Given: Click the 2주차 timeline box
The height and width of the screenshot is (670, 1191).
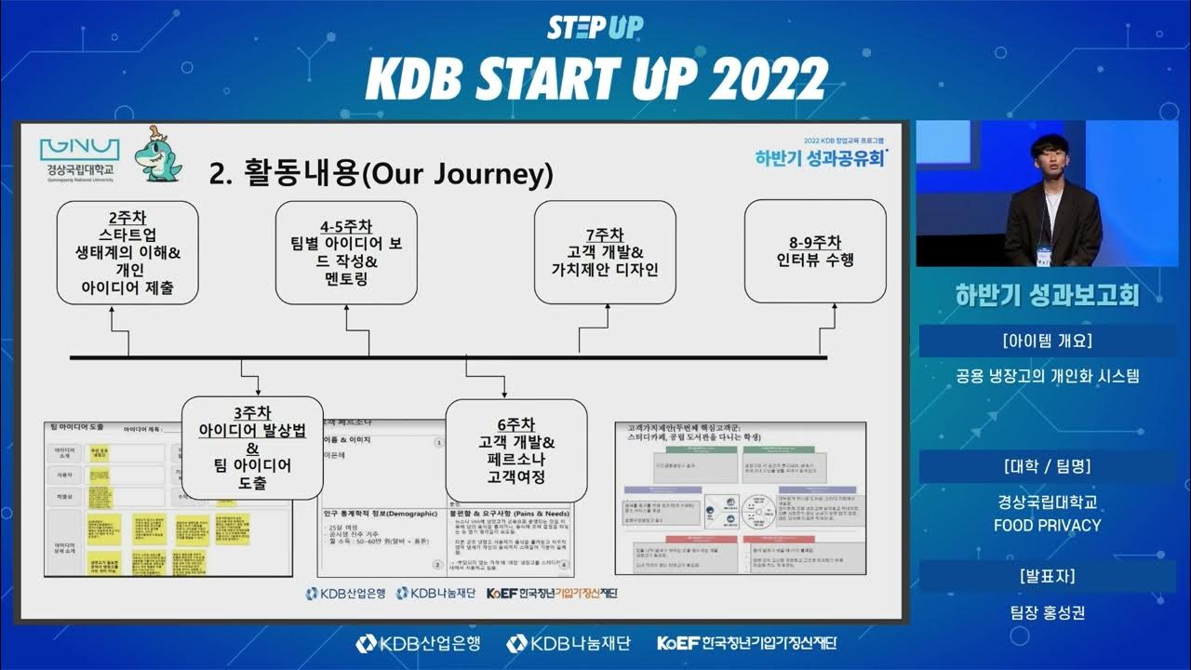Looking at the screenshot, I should pyautogui.click(x=127, y=252).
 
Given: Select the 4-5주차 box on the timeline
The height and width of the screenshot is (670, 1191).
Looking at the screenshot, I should pyautogui.click(x=345, y=252).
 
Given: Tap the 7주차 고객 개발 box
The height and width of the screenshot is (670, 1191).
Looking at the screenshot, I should pyautogui.click(x=605, y=252).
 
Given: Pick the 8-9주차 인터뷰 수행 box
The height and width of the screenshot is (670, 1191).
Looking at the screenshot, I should pyautogui.click(x=815, y=252).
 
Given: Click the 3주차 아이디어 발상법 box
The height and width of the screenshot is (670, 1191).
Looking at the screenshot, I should pyautogui.click(x=252, y=449).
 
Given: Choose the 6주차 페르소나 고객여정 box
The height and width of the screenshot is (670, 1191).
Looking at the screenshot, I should pyautogui.click(x=516, y=450).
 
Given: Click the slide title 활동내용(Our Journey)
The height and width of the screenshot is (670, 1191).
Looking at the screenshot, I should pyautogui.click(x=381, y=173).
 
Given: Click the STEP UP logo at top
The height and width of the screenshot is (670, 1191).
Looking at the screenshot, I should pyautogui.click(x=595, y=27).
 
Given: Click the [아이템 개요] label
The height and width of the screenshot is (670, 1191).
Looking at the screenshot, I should pyautogui.click(x=1048, y=340).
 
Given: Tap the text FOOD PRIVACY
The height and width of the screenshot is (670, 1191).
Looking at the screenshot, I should pyautogui.click(x=1048, y=525).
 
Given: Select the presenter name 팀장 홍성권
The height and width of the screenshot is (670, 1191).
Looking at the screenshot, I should pyautogui.click(x=1048, y=612).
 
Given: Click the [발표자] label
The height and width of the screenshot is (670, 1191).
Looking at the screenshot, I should pyautogui.click(x=1048, y=576).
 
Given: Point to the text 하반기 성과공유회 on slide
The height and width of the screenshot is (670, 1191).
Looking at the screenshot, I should pyautogui.click(x=820, y=157).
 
